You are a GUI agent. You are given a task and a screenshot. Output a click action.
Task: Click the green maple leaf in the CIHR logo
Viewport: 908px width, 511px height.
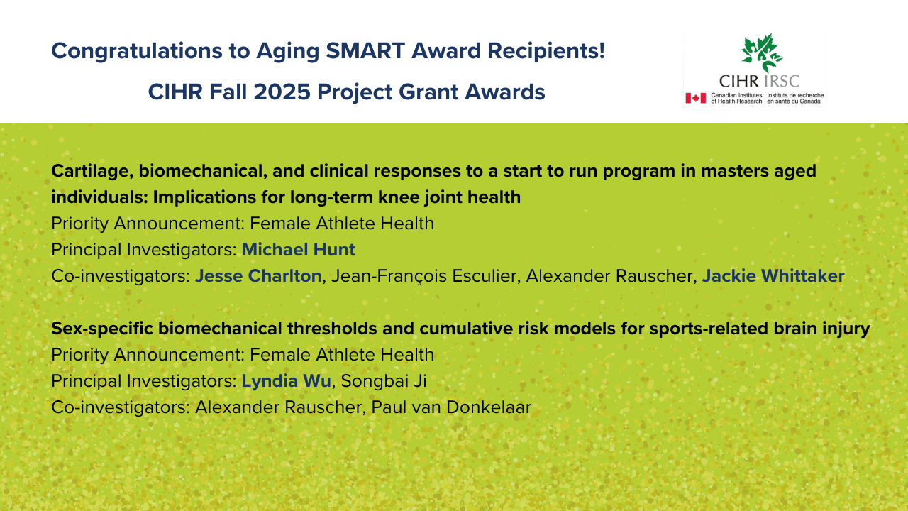point(762,53)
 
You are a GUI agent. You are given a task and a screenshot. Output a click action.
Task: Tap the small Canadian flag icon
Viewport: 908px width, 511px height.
point(696,98)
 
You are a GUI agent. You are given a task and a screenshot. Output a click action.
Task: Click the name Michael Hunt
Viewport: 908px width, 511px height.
point(299,249)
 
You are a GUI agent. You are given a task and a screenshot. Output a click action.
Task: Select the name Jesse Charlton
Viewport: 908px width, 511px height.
point(258,276)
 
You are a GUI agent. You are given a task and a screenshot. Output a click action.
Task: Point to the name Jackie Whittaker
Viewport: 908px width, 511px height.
point(773,276)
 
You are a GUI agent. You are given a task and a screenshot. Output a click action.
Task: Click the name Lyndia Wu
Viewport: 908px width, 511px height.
point(286,381)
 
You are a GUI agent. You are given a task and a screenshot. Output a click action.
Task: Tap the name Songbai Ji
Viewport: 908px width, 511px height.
point(384,381)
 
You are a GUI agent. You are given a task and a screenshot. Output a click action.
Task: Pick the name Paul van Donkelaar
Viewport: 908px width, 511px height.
point(451,407)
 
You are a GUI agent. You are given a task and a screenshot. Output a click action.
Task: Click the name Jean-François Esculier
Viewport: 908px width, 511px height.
point(423,276)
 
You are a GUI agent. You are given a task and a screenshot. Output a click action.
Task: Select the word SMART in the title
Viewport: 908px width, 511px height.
point(365,50)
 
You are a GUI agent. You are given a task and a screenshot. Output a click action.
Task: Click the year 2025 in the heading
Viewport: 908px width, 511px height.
point(282,92)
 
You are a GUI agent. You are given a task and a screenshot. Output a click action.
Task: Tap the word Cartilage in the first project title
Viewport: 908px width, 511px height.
point(92,172)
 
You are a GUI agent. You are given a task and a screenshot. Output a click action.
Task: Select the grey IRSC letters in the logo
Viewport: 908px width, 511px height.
point(781,81)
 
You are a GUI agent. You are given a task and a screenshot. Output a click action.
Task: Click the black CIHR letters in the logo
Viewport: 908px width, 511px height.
point(739,81)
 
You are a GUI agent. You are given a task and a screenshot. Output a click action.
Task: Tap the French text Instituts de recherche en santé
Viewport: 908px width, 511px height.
point(795,98)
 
